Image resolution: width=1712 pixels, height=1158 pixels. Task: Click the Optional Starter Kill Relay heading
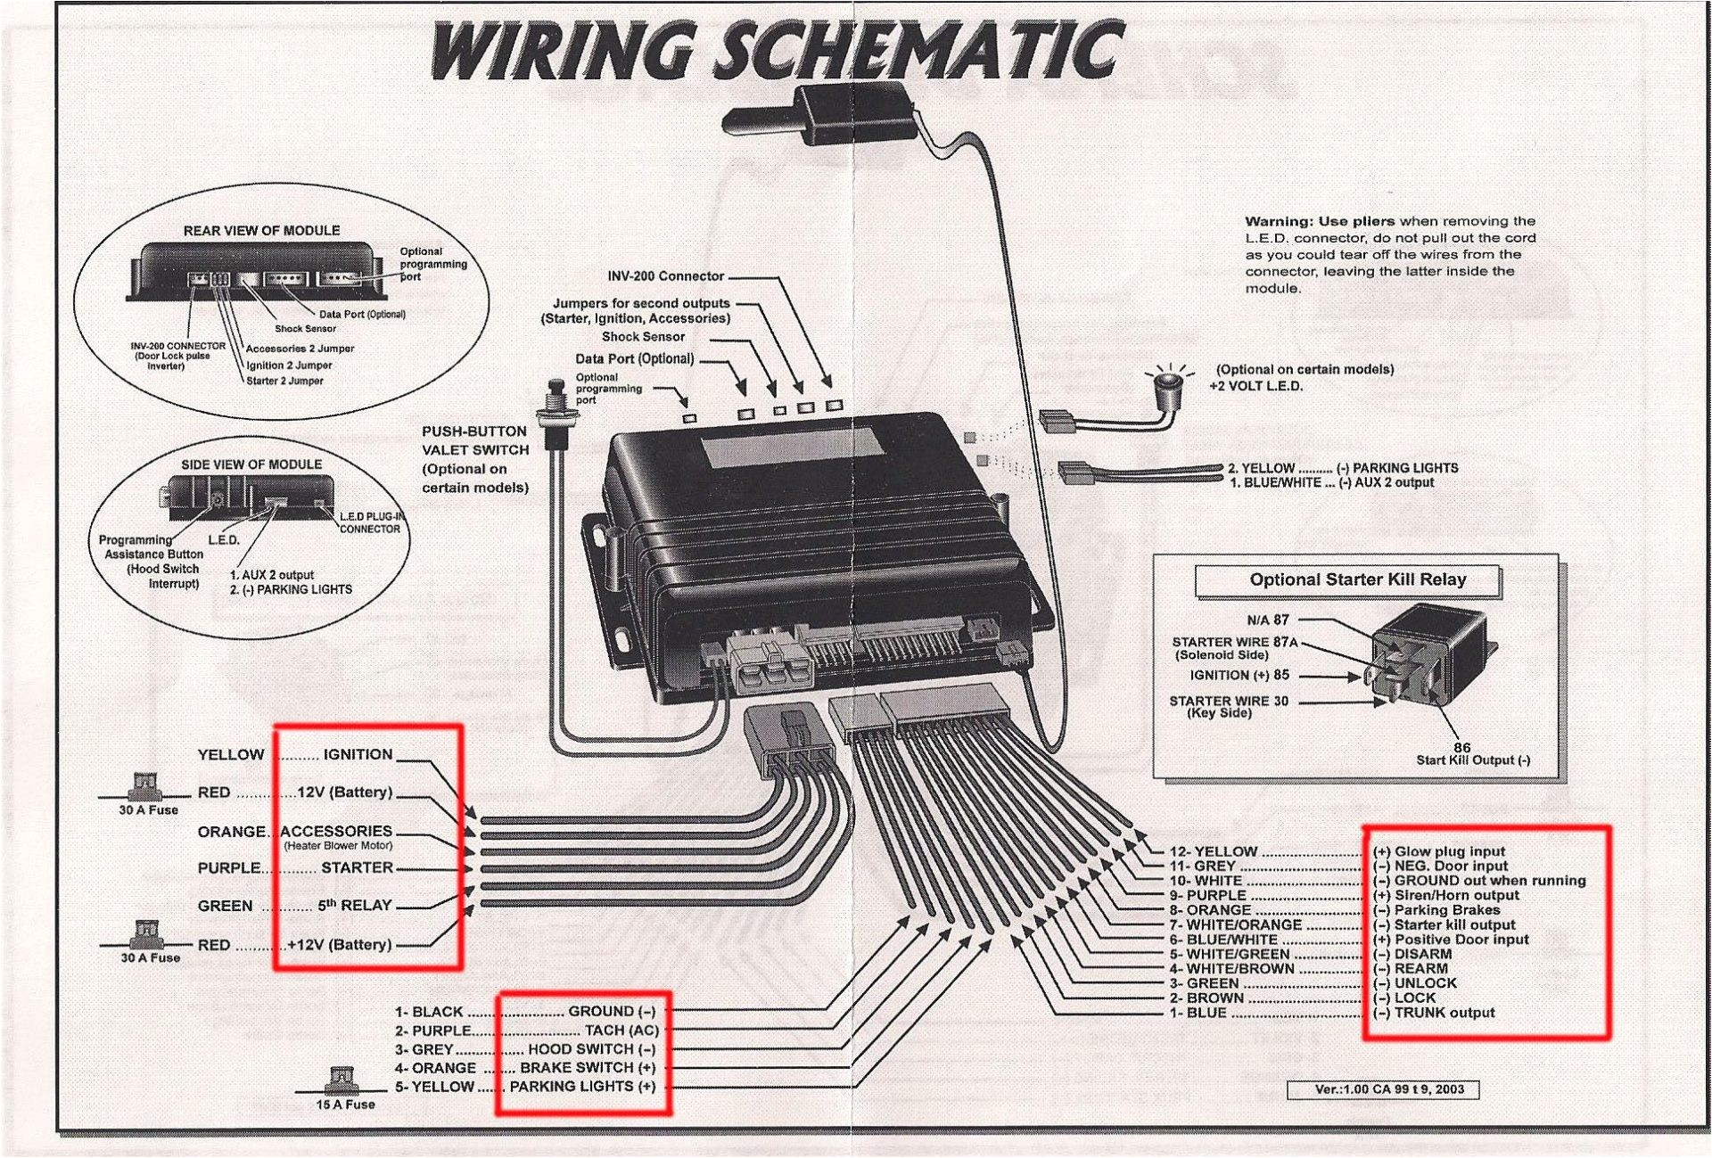pos(1357,579)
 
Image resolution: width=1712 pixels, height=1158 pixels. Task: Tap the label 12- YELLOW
pos(1213,851)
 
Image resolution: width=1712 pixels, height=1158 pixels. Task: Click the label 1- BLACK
pos(429,1012)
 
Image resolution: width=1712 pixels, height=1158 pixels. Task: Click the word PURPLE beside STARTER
pos(229,867)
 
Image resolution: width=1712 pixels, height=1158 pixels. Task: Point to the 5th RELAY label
pos(355,905)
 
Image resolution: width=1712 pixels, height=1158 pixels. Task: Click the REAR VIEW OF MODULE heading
pos(261,231)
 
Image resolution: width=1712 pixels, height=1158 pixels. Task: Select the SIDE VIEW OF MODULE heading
pos(251,464)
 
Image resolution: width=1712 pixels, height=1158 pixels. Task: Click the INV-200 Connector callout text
pos(665,276)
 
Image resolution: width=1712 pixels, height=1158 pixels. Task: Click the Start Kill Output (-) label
pos(1473,760)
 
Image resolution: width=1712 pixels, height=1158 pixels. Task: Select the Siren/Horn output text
pos(1456,895)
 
